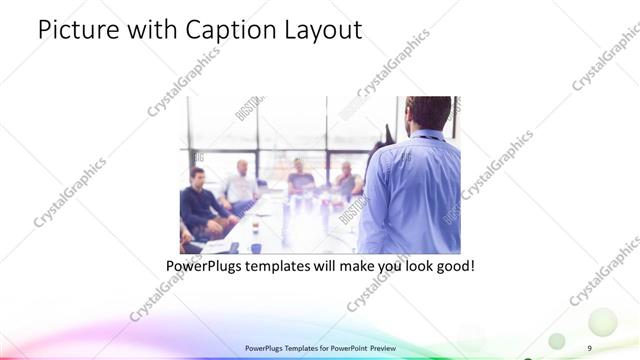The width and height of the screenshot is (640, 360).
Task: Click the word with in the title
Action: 149,31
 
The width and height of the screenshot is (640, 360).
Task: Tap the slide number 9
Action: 590,347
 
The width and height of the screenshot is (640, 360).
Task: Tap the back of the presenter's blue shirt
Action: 415,190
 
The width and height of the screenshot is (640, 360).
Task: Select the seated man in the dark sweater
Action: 200,200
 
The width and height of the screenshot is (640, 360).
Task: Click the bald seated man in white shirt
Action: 241,185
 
